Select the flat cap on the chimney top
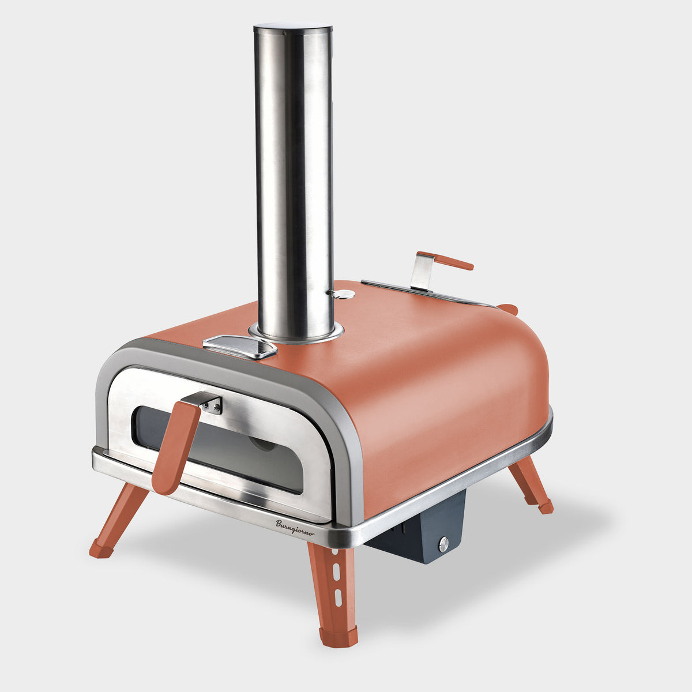click(293, 29)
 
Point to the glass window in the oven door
click(219, 449)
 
